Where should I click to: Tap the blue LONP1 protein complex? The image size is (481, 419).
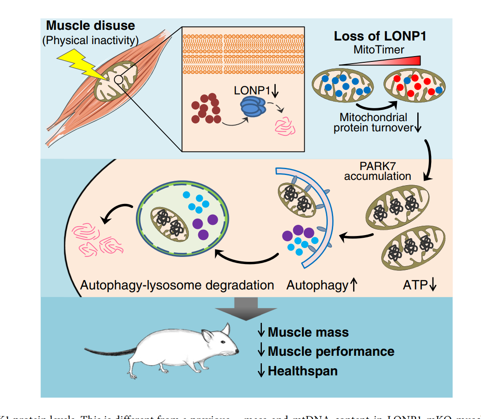(252, 107)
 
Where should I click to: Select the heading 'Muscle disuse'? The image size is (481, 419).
(90, 25)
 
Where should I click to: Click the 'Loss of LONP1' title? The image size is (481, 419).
(380, 36)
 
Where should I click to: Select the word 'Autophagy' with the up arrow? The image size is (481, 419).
(317, 285)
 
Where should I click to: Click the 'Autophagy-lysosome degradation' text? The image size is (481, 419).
(177, 285)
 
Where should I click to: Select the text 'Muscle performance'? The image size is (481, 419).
(330, 351)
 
